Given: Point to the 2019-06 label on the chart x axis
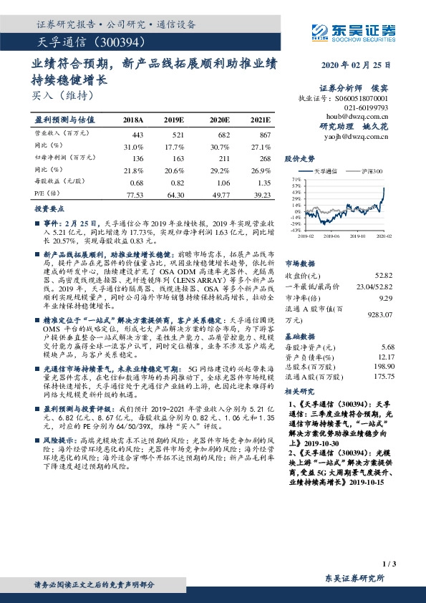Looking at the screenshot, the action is (330, 234).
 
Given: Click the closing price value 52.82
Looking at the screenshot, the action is (384, 276).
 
